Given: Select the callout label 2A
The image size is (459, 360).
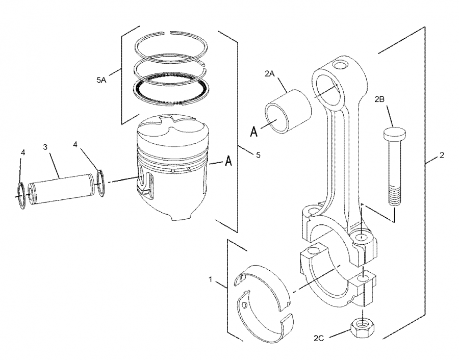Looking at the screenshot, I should pos(270,74).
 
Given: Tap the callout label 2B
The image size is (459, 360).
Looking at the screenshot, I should pos(379,99).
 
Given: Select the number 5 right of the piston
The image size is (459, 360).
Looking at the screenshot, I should pos(258,155).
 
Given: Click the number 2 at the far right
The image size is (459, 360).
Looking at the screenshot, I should pos(442,156).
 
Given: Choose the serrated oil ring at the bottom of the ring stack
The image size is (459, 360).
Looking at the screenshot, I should pos(171,88).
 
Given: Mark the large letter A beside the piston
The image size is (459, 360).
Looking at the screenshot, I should pos(229,161).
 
